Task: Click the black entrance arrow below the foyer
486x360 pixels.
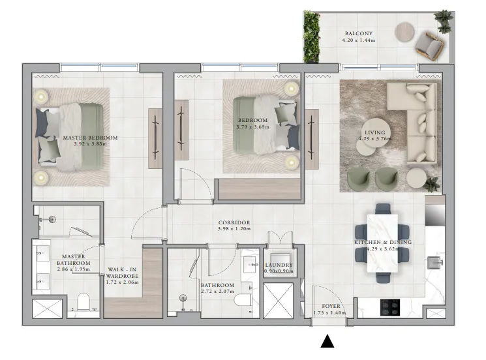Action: (327, 341)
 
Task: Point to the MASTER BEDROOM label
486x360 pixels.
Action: (90, 138)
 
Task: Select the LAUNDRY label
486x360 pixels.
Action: (279, 265)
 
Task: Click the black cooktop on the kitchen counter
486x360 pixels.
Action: (390, 305)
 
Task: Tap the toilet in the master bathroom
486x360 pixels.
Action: (83, 303)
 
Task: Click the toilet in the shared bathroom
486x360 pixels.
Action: (243, 299)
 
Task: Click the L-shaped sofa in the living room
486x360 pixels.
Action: (412, 124)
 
